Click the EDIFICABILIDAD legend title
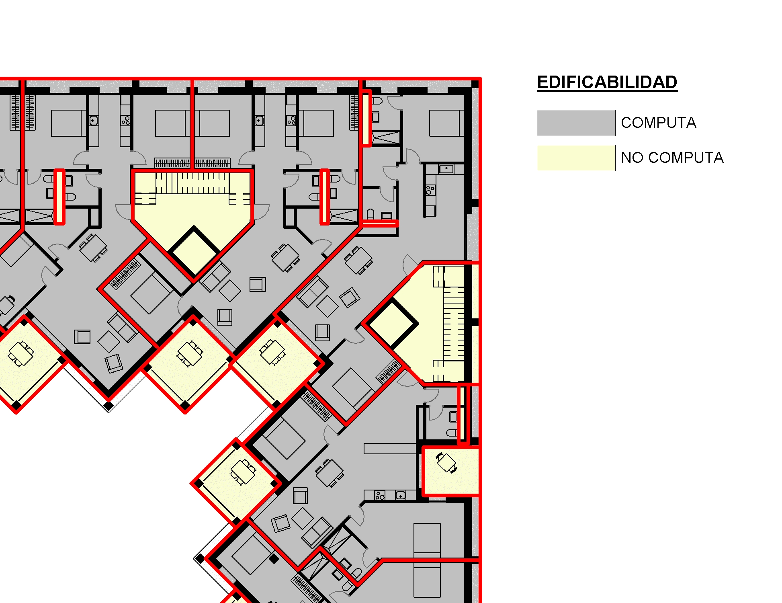607,83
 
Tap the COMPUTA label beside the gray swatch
659,123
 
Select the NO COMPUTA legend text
672,158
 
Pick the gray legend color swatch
576,123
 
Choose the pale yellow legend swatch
576,158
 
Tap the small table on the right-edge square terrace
446,462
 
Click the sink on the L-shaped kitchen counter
446,168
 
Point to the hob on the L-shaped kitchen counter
430,190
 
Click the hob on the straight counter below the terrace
380,495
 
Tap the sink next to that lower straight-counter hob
401,495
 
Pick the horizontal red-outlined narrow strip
379,224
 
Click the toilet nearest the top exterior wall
377,100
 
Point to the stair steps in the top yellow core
193,183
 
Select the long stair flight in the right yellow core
454,324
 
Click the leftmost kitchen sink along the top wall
93,121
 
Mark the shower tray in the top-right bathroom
386,137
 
